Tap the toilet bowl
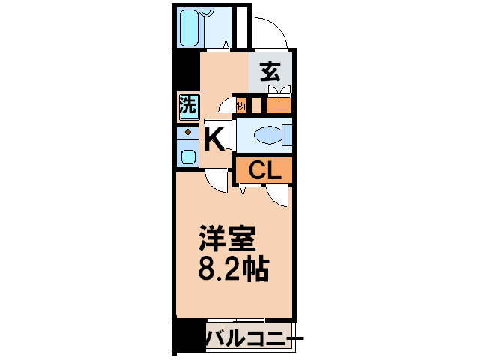[267, 136]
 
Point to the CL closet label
[265, 170]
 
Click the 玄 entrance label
[270, 72]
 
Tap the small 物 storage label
[240, 106]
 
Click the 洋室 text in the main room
[228, 240]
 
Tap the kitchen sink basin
[188, 157]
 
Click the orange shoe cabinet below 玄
[279, 105]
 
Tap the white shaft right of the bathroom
[241, 28]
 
